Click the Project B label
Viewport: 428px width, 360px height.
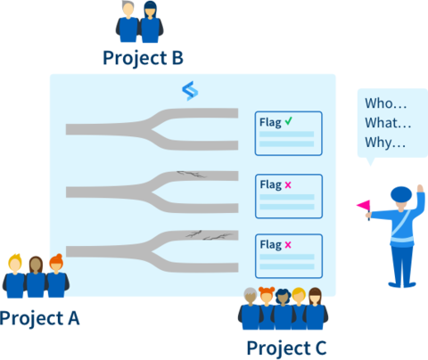pyautogui.click(x=143, y=58)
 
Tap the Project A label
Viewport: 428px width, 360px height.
pyautogui.click(x=39, y=319)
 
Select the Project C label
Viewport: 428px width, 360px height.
pyautogui.click(x=286, y=348)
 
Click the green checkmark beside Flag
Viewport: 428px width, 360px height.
pyautogui.click(x=289, y=121)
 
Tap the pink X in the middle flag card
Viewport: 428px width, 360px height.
pyautogui.click(x=288, y=185)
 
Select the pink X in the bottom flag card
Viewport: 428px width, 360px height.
pyautogui.click(x=288, y=245)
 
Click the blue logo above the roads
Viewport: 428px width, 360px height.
pyautogui.click(x=190, y=91)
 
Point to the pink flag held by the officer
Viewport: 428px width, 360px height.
pyautogui.click(x=364, y=205)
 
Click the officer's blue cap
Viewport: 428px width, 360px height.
pyautogui.click(x=401, y=194)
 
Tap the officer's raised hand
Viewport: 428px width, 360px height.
pyautogui.click(x=420, y=189)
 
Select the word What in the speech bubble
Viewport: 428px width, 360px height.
pyautogui.click(x=382, y=123)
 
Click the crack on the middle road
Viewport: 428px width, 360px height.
pyautogui.click(x=191, y=174)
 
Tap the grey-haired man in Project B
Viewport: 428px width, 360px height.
pyautogui.click(x=128, y=21)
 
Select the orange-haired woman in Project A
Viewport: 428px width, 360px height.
pyautogui.click(x=57, y=275)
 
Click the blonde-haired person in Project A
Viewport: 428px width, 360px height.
pyautogui.click(x=14, y=275)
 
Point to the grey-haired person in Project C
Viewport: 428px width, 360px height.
pyautogui.click(x=250, y=308)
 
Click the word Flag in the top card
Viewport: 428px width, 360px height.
pyautogui.click(x=270, y=122)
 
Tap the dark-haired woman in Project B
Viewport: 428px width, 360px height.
pyautogui.click(x=151, y=21)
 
